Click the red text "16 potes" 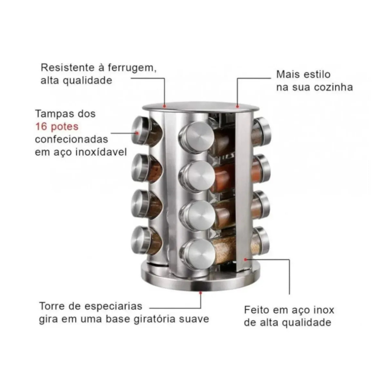[x=57, y=127]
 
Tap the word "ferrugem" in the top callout [x=132, y=68]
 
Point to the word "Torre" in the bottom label [x=52, y=306]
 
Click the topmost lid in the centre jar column [x=196, y=137]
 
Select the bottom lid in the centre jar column [x=197, y=254]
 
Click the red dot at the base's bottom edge [x=200, y=293]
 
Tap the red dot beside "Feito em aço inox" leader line [x=245, y=259]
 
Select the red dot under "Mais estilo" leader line [x=237, y=106]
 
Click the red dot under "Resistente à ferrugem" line [x=164, y=106]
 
